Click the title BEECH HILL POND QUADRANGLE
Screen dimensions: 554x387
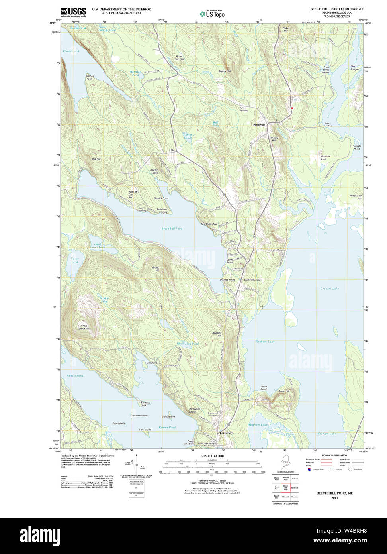337,9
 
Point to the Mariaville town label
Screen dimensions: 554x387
259,124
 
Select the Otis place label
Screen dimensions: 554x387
172,150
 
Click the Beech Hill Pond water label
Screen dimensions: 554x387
172,228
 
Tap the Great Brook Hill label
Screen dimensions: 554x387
84,327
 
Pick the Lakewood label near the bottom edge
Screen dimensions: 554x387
226,433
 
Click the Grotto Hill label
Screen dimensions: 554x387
155,269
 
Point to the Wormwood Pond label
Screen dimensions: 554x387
187,344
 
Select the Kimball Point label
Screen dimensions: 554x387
89,77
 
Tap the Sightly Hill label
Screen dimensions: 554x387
224,71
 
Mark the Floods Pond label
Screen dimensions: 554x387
71,51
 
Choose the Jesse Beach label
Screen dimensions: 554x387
264,387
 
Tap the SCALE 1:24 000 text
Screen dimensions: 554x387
212,456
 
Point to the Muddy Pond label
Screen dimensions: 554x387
104,300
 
